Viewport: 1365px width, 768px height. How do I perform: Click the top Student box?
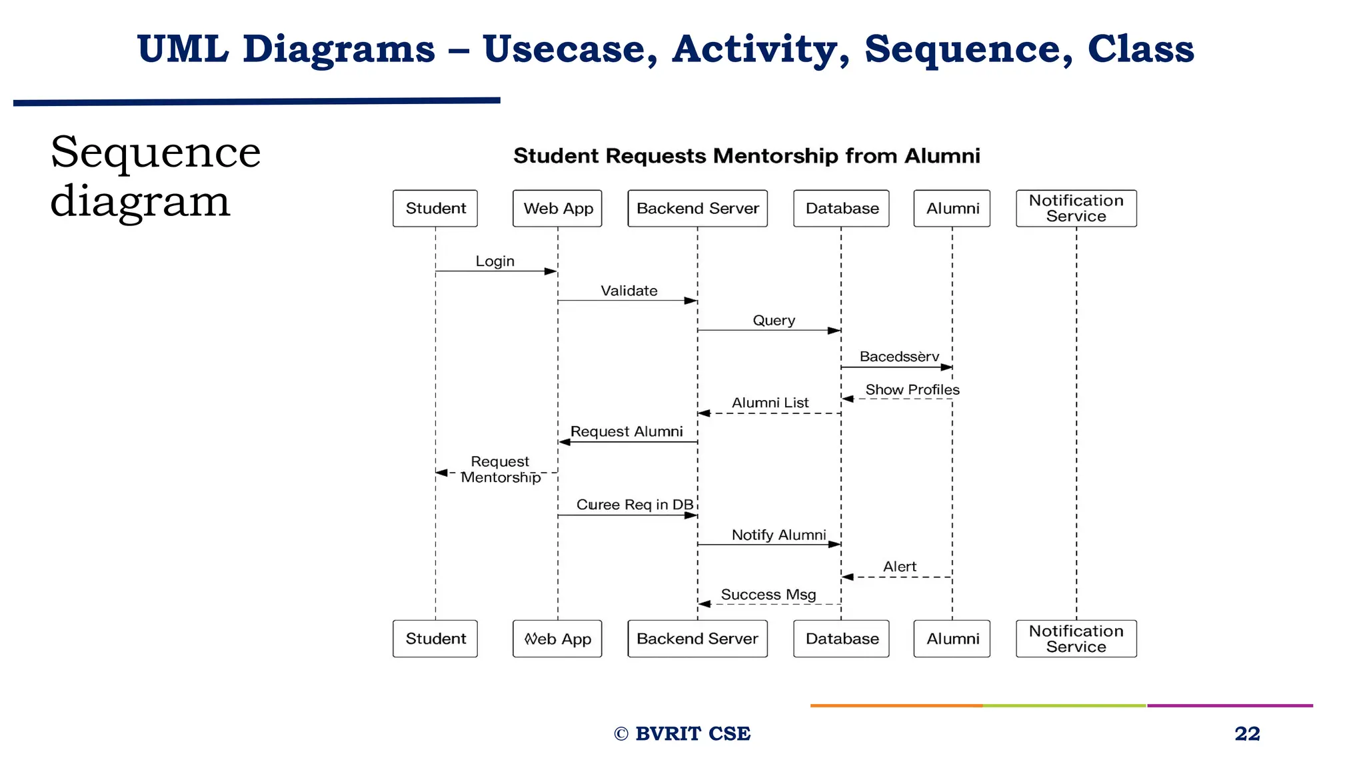(435, 209)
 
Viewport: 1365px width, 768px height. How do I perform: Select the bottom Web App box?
(557, 639)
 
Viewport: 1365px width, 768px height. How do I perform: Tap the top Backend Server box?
(697, 209)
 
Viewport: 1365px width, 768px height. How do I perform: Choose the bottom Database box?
(841, 639)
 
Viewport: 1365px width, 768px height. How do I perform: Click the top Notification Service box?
(1076, 209)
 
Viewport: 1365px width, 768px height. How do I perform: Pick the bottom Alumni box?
(952, 639)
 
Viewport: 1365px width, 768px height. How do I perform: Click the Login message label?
(495, 261)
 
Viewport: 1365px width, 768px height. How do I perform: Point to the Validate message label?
(629, 291)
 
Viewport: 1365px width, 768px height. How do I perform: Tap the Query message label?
(774, 321)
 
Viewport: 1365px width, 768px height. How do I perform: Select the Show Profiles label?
(912, 389)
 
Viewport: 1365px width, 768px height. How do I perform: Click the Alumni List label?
(770, 403)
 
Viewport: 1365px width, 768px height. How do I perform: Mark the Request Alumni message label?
(627, 431)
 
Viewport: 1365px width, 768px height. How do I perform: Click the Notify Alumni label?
(778, 535)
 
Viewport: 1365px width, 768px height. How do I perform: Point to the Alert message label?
(899, 567)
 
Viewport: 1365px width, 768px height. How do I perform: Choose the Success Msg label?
(768, 595)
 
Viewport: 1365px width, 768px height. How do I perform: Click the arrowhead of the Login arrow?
(551, 271)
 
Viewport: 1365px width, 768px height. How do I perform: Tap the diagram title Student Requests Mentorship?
(746, 156)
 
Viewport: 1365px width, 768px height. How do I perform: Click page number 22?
(1247, 733)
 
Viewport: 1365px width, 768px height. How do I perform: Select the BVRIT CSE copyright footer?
(682, 733)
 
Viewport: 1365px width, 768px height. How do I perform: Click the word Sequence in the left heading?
(155, 152)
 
